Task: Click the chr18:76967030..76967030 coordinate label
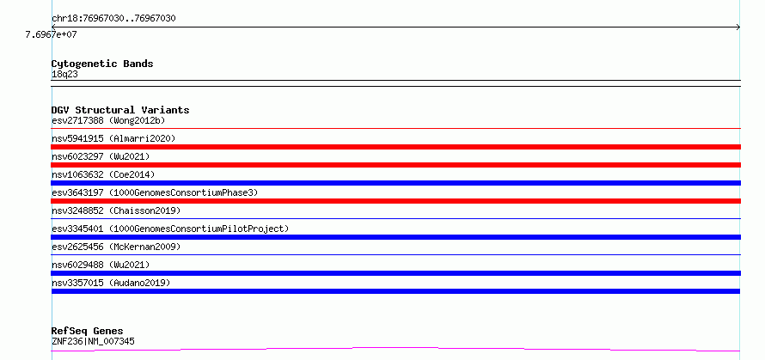pyautogui.click(x=113, y=19)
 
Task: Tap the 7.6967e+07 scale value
pyautogui.click(x=51, y=34)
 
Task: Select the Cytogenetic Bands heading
pyautogui.click(x=102, y=64)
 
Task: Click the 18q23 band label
pyautogui.click(x=64, y=75)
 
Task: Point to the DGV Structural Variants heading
pyautogui.click(x=120, y=110)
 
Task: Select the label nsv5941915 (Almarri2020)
pyautogui.click(x=113, y=138)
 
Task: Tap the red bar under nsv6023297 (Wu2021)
pyautogui.click(x=395, y=165)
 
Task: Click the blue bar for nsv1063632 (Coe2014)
pyautogui.click(x=395, y=183)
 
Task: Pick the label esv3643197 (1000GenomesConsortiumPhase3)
pyautogui.click(x=155, y=192)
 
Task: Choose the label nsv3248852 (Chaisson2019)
pyautogui.click(x=116, y=211)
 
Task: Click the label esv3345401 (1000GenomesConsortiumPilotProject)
pyautogui.click(x=170, y=229)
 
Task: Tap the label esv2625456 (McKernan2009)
pyautogui.click(x=116, y=247)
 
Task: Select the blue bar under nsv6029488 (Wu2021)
pyautogui.click(x=395, y=273)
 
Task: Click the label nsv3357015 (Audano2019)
pyautogui.click(x=111, y=283)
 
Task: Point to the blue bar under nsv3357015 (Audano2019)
pyautogui.click(x=395, y=291)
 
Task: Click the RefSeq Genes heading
pyautogui.click(x=88, y=332)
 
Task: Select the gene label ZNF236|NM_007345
pyautogui.click(x=93, y=341)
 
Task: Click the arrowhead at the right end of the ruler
pyautogui.click(x=738, y=27)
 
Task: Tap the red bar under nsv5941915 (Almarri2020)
pyautogui.click(x=395, y=147)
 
